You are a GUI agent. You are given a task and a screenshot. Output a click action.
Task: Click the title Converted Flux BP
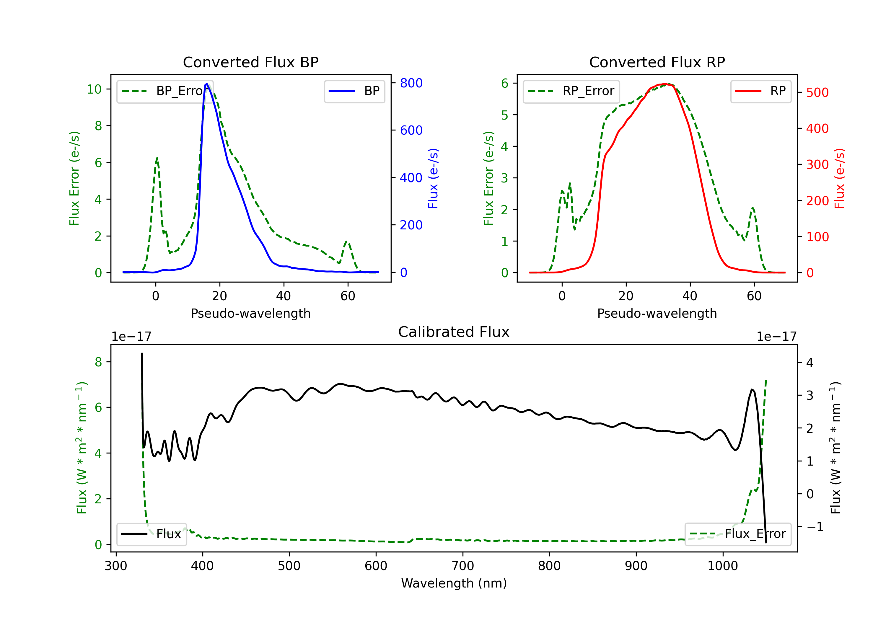(250, 62)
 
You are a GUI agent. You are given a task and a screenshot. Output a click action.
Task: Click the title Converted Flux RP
(657, 62)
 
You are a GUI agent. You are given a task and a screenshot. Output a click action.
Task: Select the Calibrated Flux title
(454, 332)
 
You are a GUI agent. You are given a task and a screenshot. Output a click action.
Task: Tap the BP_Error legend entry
(165, 91)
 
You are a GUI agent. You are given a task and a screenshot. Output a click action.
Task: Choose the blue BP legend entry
(354, 91)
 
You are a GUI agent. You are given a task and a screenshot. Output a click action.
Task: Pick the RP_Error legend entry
(571, 91)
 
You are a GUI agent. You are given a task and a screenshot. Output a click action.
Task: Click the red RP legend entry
(760, 91)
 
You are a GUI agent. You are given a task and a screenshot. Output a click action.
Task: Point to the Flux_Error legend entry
(738, 534)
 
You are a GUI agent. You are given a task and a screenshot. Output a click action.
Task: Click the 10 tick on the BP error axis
(94, 89)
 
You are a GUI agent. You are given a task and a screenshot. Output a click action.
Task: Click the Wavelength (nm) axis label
(454, 583)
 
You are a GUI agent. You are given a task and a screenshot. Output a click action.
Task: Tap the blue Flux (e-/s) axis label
(433, 178)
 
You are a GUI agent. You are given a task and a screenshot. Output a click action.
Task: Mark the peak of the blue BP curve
(207, 84)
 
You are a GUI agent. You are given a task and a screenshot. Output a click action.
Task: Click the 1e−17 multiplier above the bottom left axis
(131, 337)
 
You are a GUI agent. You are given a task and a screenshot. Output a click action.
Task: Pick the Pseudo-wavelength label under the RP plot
(657, 313)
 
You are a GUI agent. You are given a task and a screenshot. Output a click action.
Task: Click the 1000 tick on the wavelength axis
(723, 566)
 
